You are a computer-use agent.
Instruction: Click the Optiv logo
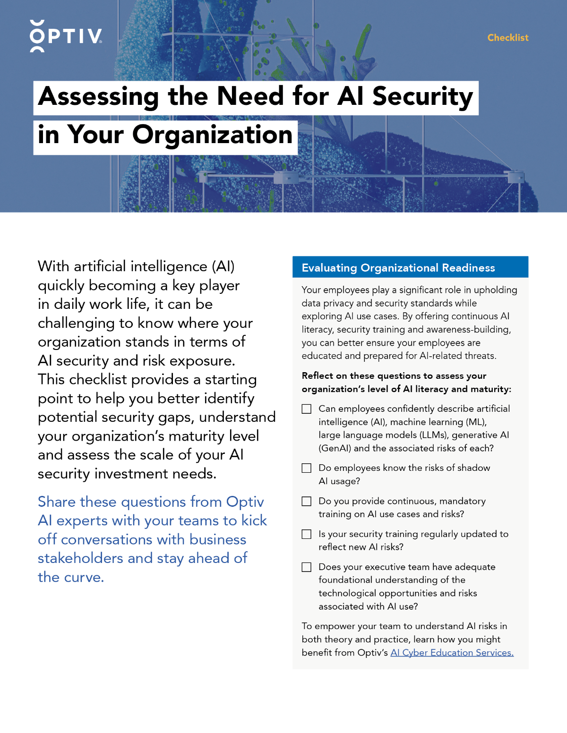click(66, 36)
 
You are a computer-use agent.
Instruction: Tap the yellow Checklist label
click(508, 38)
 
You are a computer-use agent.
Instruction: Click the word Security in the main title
click(422, 97)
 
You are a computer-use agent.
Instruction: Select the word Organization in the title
click(213, 135)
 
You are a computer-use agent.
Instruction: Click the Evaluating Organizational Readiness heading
click(398, 268)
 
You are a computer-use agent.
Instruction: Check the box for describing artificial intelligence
click(307, 409)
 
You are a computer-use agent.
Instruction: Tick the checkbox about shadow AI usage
click(307, 468)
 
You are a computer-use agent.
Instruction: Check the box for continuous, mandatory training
click(307, 501)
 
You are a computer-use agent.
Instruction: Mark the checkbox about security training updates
click(307, 534)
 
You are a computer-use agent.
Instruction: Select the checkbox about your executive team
click(307, 567)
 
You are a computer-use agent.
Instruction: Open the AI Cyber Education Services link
click(452, 653)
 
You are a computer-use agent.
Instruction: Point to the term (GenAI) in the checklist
click(335, 448)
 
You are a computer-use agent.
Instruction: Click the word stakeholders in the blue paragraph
click(81, 558)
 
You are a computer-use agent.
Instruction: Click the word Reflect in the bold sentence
click(318, 376)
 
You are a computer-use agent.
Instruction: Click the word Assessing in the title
click(99, 97)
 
